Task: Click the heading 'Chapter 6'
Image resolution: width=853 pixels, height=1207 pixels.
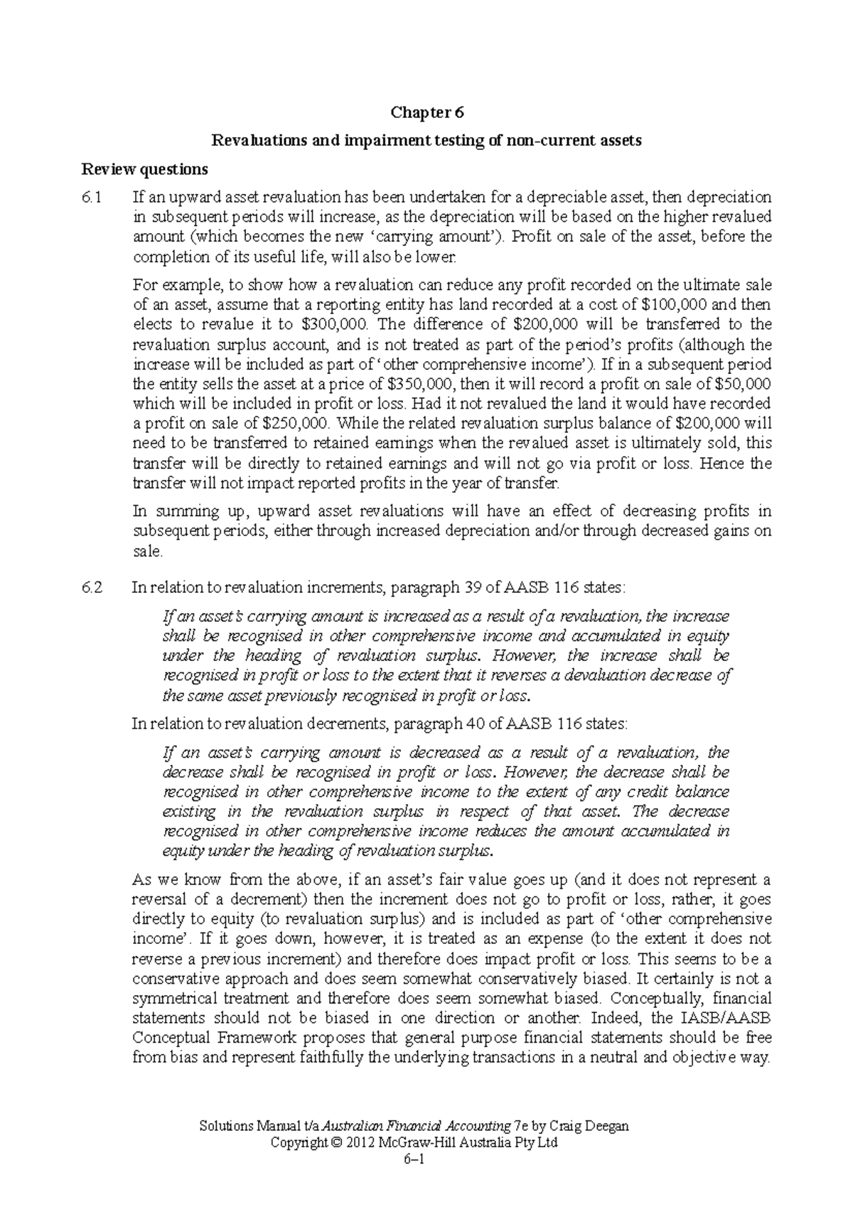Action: (x=426, y=112)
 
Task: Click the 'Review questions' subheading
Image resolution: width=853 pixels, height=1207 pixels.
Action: (x=145, y=169)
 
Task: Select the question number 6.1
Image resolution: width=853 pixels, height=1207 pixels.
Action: (x=92, y=197)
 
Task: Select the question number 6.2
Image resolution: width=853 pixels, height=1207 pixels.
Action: (x=92, y=587)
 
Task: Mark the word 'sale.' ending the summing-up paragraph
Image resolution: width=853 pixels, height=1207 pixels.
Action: (x=149, y=551)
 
